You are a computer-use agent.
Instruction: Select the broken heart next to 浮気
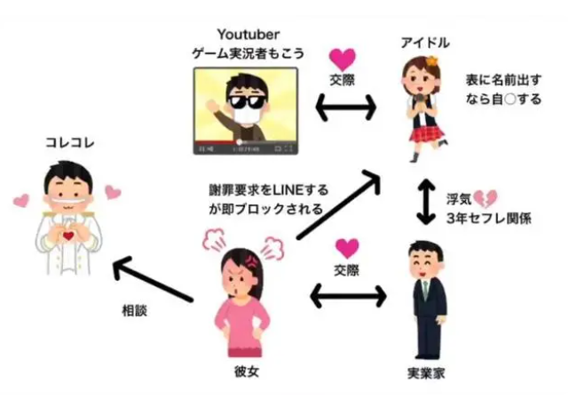click(485, 197)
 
